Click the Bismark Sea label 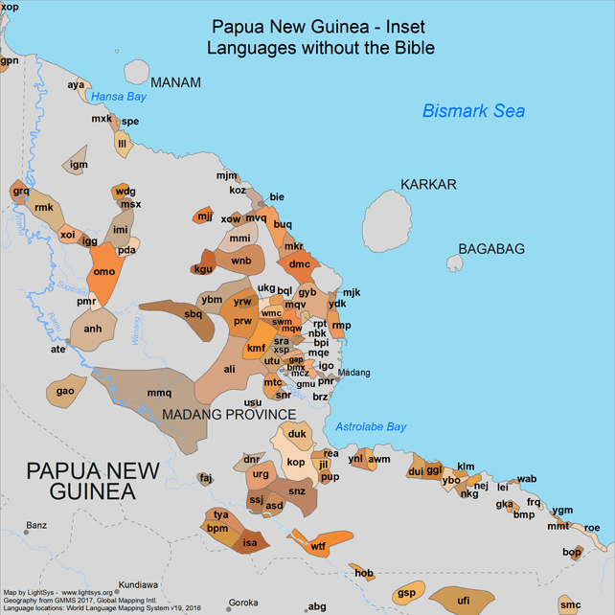tap(473, 111)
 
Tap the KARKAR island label tap(428, 184)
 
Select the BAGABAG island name tap(491, 249)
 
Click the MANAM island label tap(175, 82)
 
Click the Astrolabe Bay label tap(371, 427)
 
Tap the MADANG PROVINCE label tap(229, 415)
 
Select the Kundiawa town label tap(139, 584)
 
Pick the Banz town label tap(35, 525)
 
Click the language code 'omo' tap(102, 272)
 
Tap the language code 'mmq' tap(159, 393)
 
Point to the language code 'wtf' tap(318, 546)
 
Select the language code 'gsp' tap(406, 593)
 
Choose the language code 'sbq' tap(193, 313)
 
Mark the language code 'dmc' tap(300, 264)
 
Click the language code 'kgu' tap(203, 269)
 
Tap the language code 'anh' tap(93, 329)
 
